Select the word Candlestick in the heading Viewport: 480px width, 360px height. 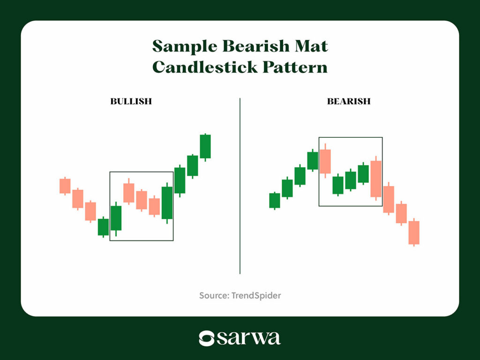point(205,67)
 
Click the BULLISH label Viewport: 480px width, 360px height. point(131,101)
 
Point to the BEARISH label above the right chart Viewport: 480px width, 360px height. point(349,101)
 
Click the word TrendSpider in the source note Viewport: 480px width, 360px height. point(256,295)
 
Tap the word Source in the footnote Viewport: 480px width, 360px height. point(214,295)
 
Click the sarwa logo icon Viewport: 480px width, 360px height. point(206,338)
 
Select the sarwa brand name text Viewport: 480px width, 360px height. point(248,338)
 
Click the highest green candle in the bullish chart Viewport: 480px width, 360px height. point(205,147)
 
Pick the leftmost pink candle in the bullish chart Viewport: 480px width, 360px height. point(65,186)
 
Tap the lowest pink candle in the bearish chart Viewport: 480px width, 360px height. point(414,232)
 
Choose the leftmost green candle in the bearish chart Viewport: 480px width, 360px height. point(275,201)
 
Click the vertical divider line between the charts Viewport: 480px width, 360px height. point(240,186)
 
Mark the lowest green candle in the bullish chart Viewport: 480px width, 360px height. point(103,227)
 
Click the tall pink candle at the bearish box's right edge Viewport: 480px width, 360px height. point(376,179)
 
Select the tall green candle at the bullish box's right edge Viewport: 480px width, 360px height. point(167,202)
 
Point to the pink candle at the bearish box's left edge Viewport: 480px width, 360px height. point(325,161)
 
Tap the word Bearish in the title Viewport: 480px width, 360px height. point(256,46)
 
